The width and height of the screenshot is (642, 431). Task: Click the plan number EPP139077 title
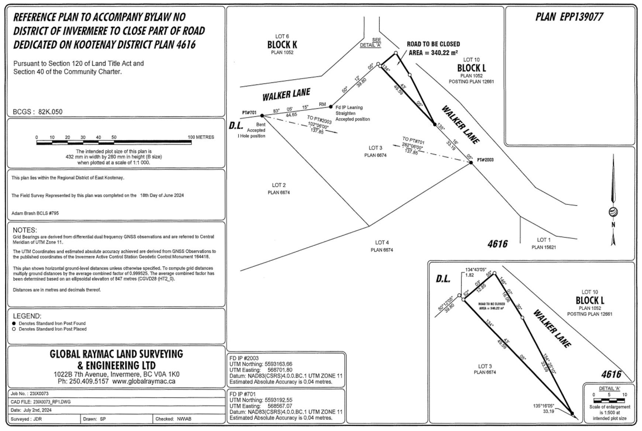pyautogui.click(x=569, y=17)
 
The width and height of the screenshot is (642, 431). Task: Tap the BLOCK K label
pyautogui.click(x=282, y=45)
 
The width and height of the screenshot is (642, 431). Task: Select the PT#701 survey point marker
pyautogui.click(x=262, y=116)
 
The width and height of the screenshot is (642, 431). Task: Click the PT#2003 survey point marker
pyautogui.click(x=471, y=162)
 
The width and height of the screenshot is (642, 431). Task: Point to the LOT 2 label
pyautogui.click(x=279, y=185)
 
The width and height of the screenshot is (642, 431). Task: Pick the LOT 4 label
pyautogui.click(x=382, y=243)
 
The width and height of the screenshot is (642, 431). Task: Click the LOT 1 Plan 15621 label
pyautogui.click(x=543, y=243)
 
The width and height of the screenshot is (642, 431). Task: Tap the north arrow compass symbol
pyautogui.click(x=613, y=212)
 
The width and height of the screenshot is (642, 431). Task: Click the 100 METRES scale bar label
pyautogui.click(x=201, y=137)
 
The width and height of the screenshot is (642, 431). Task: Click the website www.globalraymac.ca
pyautogui.click(x=144, y=382)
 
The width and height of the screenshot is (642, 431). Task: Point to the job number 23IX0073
pyautogui.click(x=42, y=394)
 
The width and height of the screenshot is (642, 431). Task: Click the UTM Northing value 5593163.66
pyautogui.click(x=278, y=364)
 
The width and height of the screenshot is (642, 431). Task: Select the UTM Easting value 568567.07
pyautogui.click(x=280, y=406)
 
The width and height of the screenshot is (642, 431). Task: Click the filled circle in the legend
pyautogui.click(x=14, y=323)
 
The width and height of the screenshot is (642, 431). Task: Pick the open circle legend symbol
pyautogui.click(x=14, y=329)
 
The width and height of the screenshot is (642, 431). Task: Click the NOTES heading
pyautogui.click(x=25, y=230)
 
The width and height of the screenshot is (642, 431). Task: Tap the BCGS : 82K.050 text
pyautogui.click(x=38, y=112)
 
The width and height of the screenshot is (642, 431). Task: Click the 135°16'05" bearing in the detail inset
pyautogui.click(x=543, y=406)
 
